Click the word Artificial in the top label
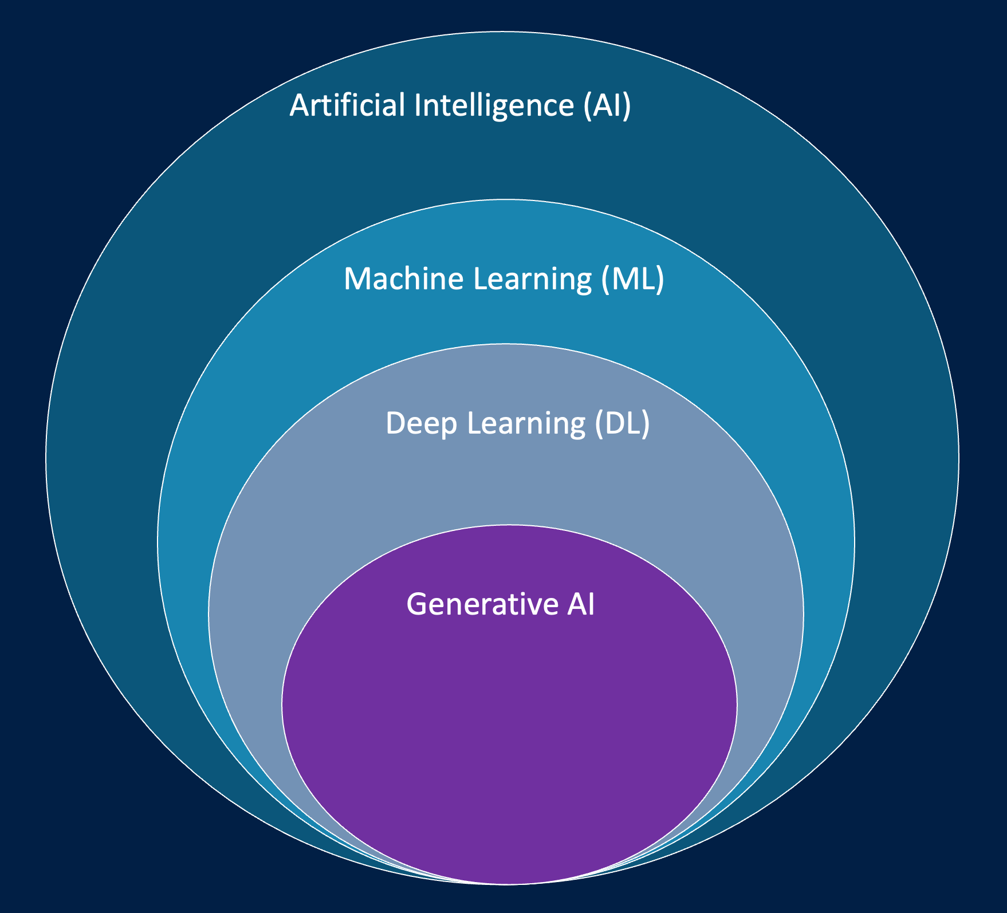tap(347, 105)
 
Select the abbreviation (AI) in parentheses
tap(607, 105)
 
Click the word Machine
tap(403, 279)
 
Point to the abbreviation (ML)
tap(633, 279)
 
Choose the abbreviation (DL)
tap(622, 424)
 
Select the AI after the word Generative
tap(581, 604)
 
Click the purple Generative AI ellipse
tap(509, 745)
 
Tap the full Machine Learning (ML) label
tap(504, 279)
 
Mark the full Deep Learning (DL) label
tap(517, 424)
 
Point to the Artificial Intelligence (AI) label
tap(460, 105)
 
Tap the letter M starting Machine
tap(357, 279)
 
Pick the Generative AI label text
tap(501, 604)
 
